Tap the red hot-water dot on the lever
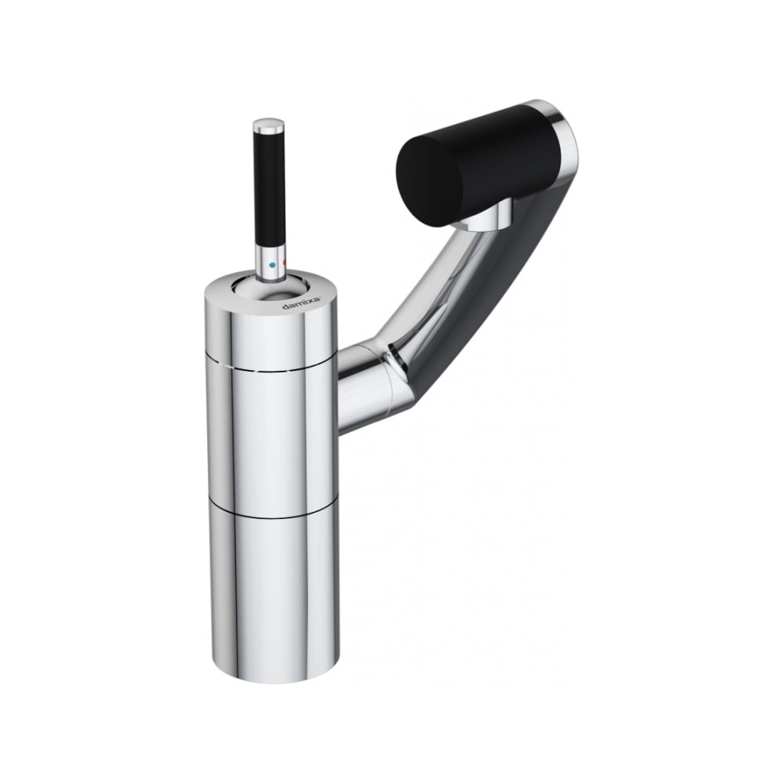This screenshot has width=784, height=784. [285, 263]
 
